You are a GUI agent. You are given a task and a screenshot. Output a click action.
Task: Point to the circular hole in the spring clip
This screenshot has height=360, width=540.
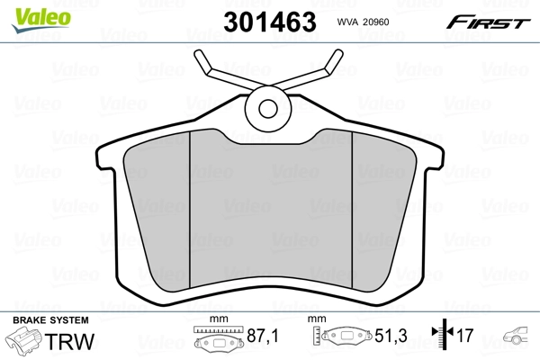[268, 109]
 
